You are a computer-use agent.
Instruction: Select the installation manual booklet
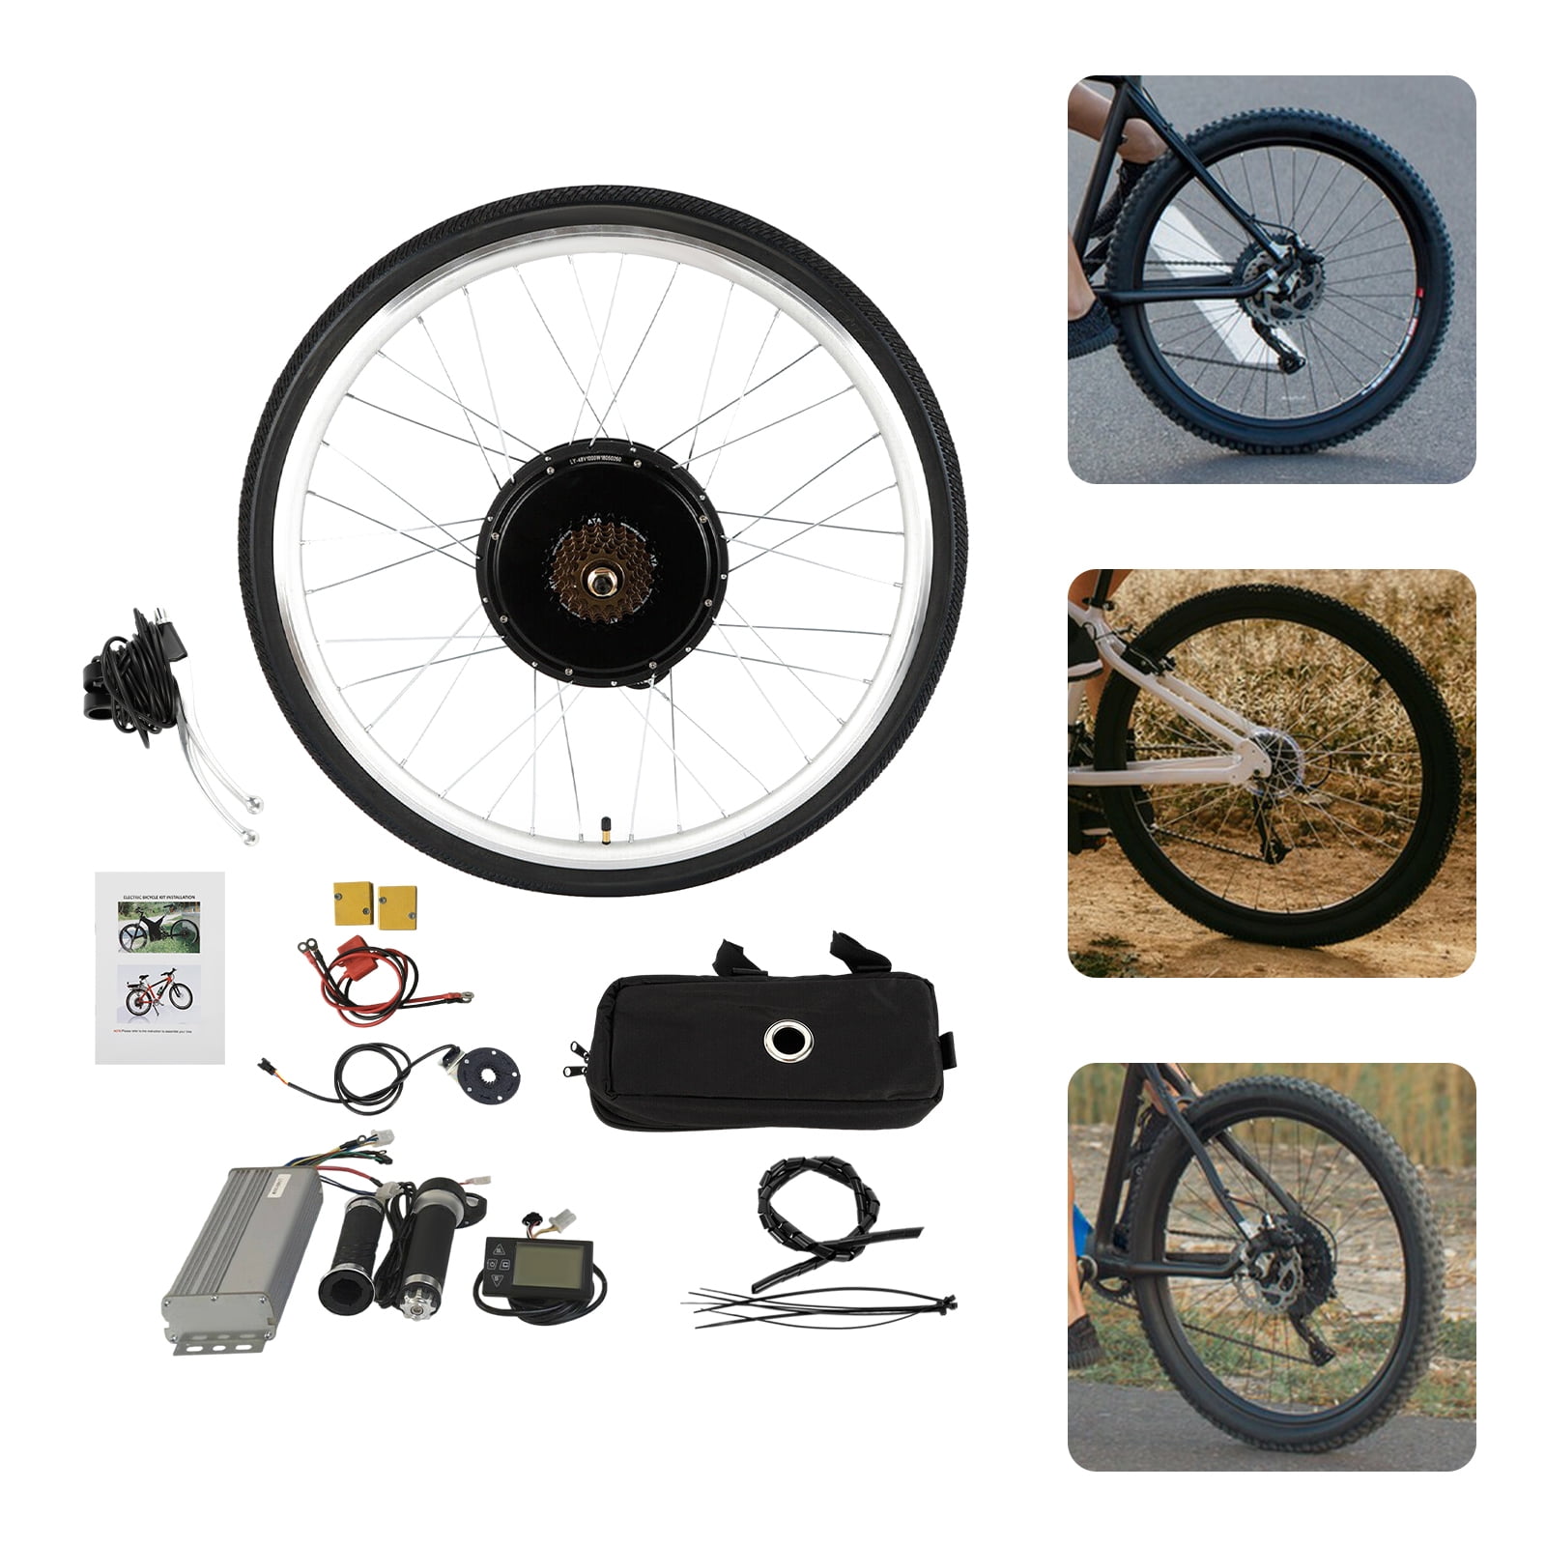click(x=160, y=967)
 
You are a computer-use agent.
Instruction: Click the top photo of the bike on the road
click(x=1271, y=279)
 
